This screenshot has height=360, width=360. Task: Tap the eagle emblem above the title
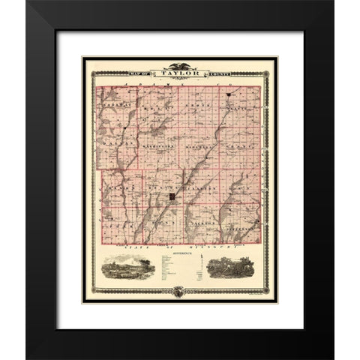(179, 66)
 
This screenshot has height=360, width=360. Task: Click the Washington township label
(159, 146)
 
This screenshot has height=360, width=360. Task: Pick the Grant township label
(242, 147)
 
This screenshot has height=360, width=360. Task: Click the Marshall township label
(202, 147)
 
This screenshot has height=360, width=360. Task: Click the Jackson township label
(204, 223)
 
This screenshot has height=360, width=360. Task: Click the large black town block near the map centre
(172, 196)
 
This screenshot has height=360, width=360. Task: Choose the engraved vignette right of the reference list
(232, 268)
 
